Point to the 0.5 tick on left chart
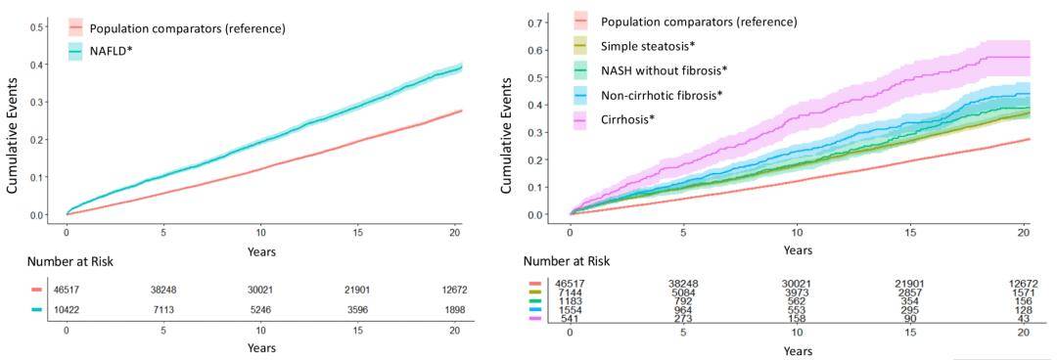40,27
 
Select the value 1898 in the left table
457,309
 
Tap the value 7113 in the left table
163,309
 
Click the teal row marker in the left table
36,309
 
